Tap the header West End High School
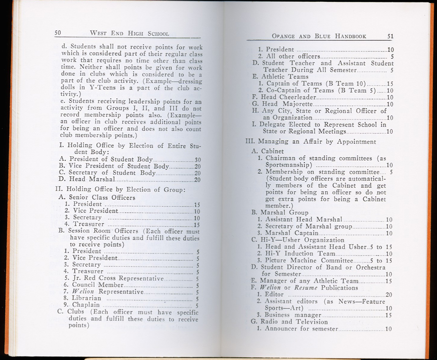(x=129, y=33)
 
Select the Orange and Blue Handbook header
(x=324, y=35)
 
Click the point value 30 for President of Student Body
(x=198, y=159)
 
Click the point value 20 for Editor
(x=388, y=295)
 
